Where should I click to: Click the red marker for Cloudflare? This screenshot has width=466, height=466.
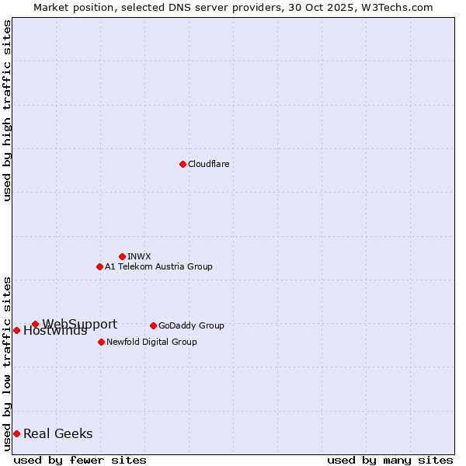point(183,164)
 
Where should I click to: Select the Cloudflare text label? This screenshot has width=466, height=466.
point(209,164)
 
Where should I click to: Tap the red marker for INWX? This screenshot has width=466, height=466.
point(122,256)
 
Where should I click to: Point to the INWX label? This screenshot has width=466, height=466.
point(139,256)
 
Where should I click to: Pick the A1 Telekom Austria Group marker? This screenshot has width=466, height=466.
point(99,266)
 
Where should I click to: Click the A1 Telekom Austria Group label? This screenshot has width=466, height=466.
point(158,266)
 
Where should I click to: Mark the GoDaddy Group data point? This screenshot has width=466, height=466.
point(153,325)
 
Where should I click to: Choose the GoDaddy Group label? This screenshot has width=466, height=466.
point(191,325)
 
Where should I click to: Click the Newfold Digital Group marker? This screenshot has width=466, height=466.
point(101,342)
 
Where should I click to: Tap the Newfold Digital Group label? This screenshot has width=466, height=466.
point(151,342)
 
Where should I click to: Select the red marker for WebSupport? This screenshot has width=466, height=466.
point(35,324)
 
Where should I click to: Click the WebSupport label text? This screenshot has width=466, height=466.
point(80,324)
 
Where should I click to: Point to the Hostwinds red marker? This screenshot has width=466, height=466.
point(16,330)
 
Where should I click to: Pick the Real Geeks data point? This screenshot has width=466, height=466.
point(16,433)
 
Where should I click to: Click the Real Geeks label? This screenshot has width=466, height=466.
point(58,433)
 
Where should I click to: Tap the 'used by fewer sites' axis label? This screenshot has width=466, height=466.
point(80,460)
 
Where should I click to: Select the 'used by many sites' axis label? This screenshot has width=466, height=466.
point(390,460)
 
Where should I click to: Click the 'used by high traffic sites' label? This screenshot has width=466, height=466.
point(8,110)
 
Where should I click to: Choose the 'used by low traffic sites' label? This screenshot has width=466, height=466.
point(8,363)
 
